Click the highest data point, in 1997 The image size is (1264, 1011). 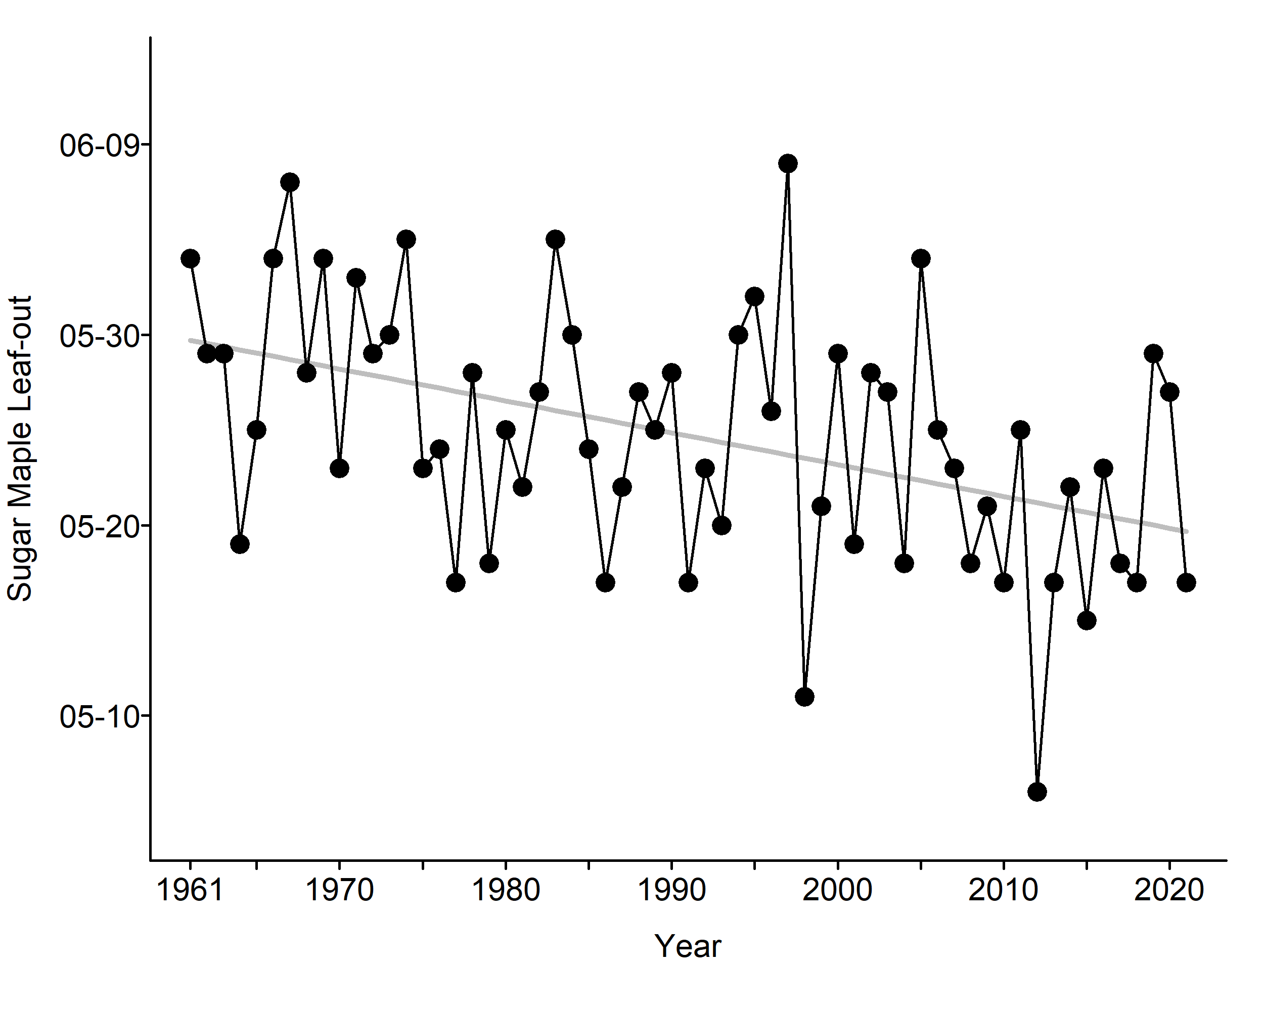(x=788, y=163)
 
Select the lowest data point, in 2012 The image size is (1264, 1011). (x=1037, y=792)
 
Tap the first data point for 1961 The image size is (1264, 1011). (x=190, y=258)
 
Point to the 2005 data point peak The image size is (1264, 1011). (x=921, y=258)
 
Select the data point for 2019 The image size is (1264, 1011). (x=1153, y=354)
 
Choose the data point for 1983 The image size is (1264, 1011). (x=555, y=239)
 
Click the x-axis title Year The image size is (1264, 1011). (x=687, y=946)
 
